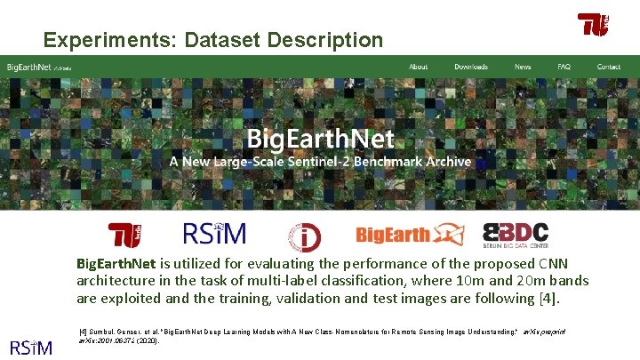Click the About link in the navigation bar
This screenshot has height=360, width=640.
click(418, 67)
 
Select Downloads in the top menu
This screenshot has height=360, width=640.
click(471, 67)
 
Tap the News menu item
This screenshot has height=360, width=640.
click(523, 67)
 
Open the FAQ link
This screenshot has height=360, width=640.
click(564, 67)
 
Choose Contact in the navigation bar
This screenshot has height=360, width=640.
click(609, 67)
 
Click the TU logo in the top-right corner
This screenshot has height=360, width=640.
click(593, 25)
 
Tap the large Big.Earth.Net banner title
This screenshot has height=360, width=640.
click(320, 140)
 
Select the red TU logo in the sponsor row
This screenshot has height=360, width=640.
click(125, 235)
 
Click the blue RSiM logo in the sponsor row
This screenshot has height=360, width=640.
click(214, 234)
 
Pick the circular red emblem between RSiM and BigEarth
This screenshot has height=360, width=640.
click(304, 236)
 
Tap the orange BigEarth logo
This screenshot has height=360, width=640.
click(409, 235)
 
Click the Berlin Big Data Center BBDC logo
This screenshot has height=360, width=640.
click(516, 235)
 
